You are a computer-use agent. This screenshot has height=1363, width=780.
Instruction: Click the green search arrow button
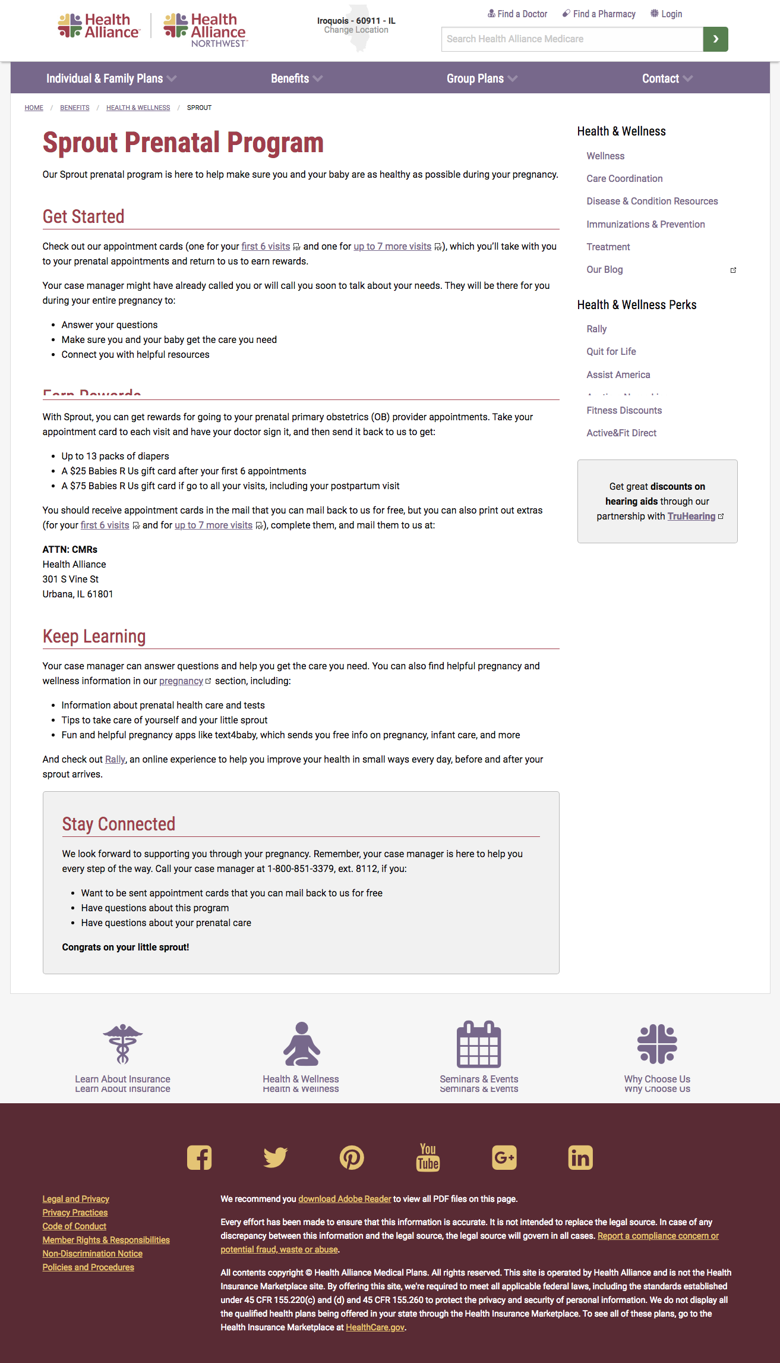(x=715, y=39)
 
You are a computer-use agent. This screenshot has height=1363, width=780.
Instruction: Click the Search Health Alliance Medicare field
(x=571, y=39)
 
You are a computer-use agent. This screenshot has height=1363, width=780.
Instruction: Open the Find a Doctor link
(x=517, y=14)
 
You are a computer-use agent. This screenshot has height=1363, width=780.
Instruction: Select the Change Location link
(x=356, y=30)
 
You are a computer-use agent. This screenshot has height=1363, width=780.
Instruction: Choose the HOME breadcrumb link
(x=34, y=108)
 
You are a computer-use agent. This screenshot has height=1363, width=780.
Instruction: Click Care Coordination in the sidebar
(x=624, y=178)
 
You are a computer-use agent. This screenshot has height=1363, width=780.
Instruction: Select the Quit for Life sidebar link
(x=611, y=351)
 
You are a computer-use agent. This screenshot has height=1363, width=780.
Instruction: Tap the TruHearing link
(x=691, y=516)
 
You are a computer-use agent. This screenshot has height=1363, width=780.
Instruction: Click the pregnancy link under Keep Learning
(x=181, y=681)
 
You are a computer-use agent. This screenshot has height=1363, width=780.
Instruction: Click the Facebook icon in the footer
(x=199, y=1157)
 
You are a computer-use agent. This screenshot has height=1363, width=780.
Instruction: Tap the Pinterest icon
(x=352, y=1157)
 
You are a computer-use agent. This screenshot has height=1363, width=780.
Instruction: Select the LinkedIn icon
(x=580, y=1157)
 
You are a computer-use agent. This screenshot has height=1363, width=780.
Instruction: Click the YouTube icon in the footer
(x=428, y=1157)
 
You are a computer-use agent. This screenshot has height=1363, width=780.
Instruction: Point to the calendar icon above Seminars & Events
(x=479, y=1044)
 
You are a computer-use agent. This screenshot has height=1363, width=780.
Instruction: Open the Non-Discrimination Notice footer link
(x=93, y=1254)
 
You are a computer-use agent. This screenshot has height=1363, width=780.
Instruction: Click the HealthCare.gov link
(x=375, y=1327)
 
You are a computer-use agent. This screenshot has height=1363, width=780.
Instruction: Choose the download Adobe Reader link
(x=345, y=1199)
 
